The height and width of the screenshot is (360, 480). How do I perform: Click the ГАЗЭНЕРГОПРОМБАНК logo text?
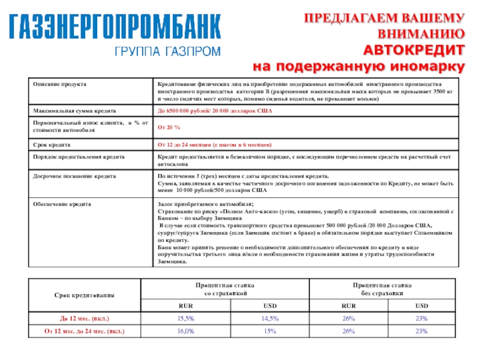click(114, 27)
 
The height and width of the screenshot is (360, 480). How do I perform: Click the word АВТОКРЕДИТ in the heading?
click(415, 49)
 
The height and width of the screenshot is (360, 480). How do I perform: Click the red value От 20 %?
click(169, 128)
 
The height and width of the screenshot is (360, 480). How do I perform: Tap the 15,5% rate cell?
click(185, 317)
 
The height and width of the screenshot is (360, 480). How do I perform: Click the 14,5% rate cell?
click(269, 317)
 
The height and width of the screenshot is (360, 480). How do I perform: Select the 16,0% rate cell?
click(185, 331)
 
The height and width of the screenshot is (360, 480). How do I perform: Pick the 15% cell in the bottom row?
click(269, 331)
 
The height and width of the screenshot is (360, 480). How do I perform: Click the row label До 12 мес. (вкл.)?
click(85, 317)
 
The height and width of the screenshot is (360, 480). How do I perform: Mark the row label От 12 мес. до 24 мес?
click(85, 331)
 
